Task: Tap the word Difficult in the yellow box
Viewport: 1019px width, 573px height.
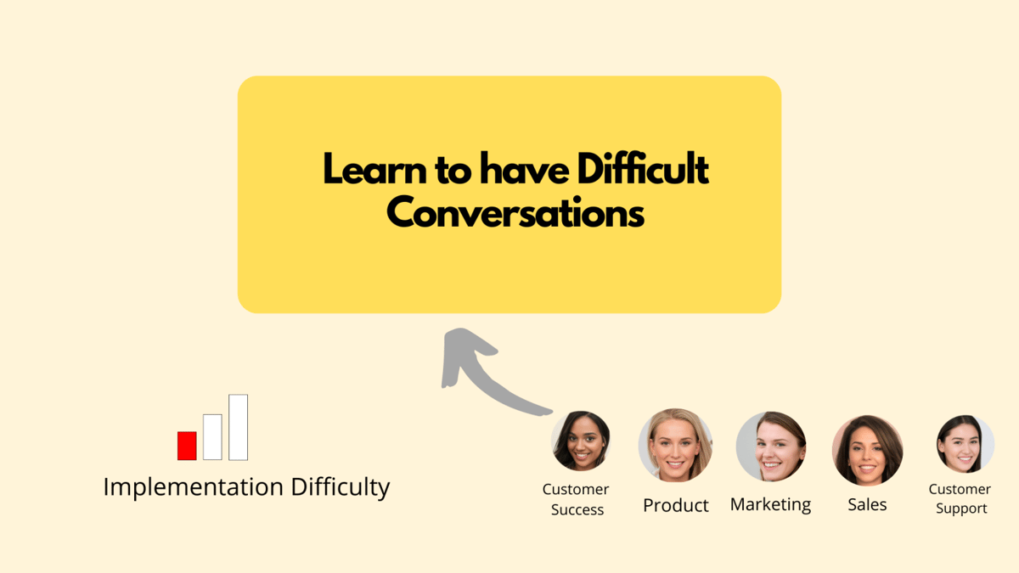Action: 643,171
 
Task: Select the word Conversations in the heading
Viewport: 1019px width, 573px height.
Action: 515,213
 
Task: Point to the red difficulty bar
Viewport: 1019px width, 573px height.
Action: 187,446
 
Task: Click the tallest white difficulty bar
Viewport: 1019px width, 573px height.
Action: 239,427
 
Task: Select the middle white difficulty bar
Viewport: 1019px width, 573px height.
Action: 212,437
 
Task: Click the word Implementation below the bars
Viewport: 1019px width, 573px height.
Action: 193,487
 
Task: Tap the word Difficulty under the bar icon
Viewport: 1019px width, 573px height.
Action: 341,487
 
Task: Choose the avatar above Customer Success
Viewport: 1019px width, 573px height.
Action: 581,441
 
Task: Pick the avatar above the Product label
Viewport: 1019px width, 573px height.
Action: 675,446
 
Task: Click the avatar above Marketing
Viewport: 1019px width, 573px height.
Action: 771,447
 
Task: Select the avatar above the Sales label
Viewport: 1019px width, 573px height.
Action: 867,450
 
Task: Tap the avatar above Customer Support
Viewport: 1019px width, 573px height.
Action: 965,444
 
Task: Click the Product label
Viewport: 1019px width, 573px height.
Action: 676,505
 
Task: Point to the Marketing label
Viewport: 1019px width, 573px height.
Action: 771,504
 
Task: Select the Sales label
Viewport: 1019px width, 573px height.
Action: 867,504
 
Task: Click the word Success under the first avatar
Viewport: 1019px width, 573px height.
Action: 577,510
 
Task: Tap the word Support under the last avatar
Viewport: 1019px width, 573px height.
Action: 960,508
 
